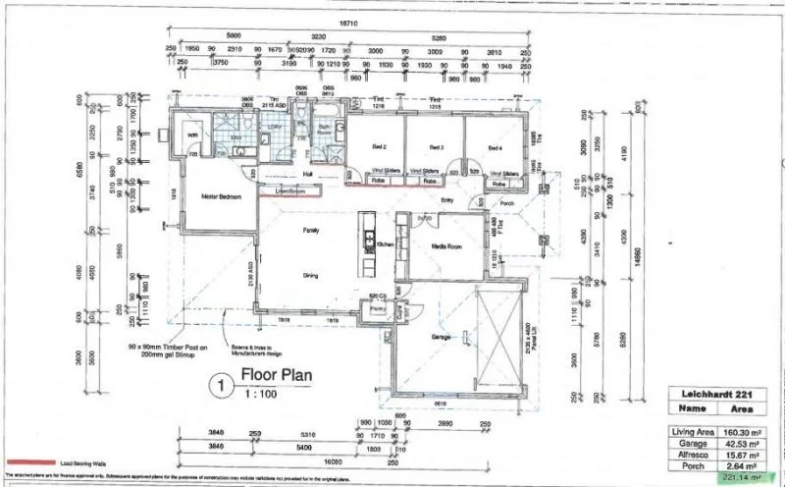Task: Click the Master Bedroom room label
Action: [222, 195]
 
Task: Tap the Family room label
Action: [310, 230]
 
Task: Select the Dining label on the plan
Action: [310, 276]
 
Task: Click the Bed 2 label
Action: [380, 148]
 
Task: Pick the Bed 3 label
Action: [439, 148]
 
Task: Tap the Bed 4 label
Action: [496, 148]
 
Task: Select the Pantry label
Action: [376, 308]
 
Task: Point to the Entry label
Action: [447, 200]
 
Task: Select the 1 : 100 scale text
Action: [260, 396]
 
